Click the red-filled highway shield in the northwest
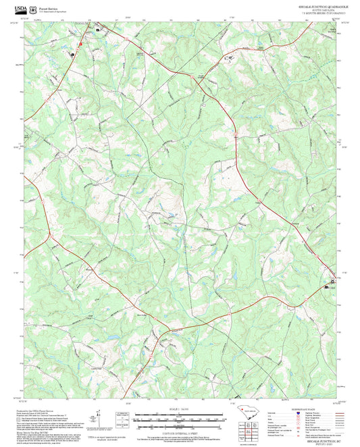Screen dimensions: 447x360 coord(80,45)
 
